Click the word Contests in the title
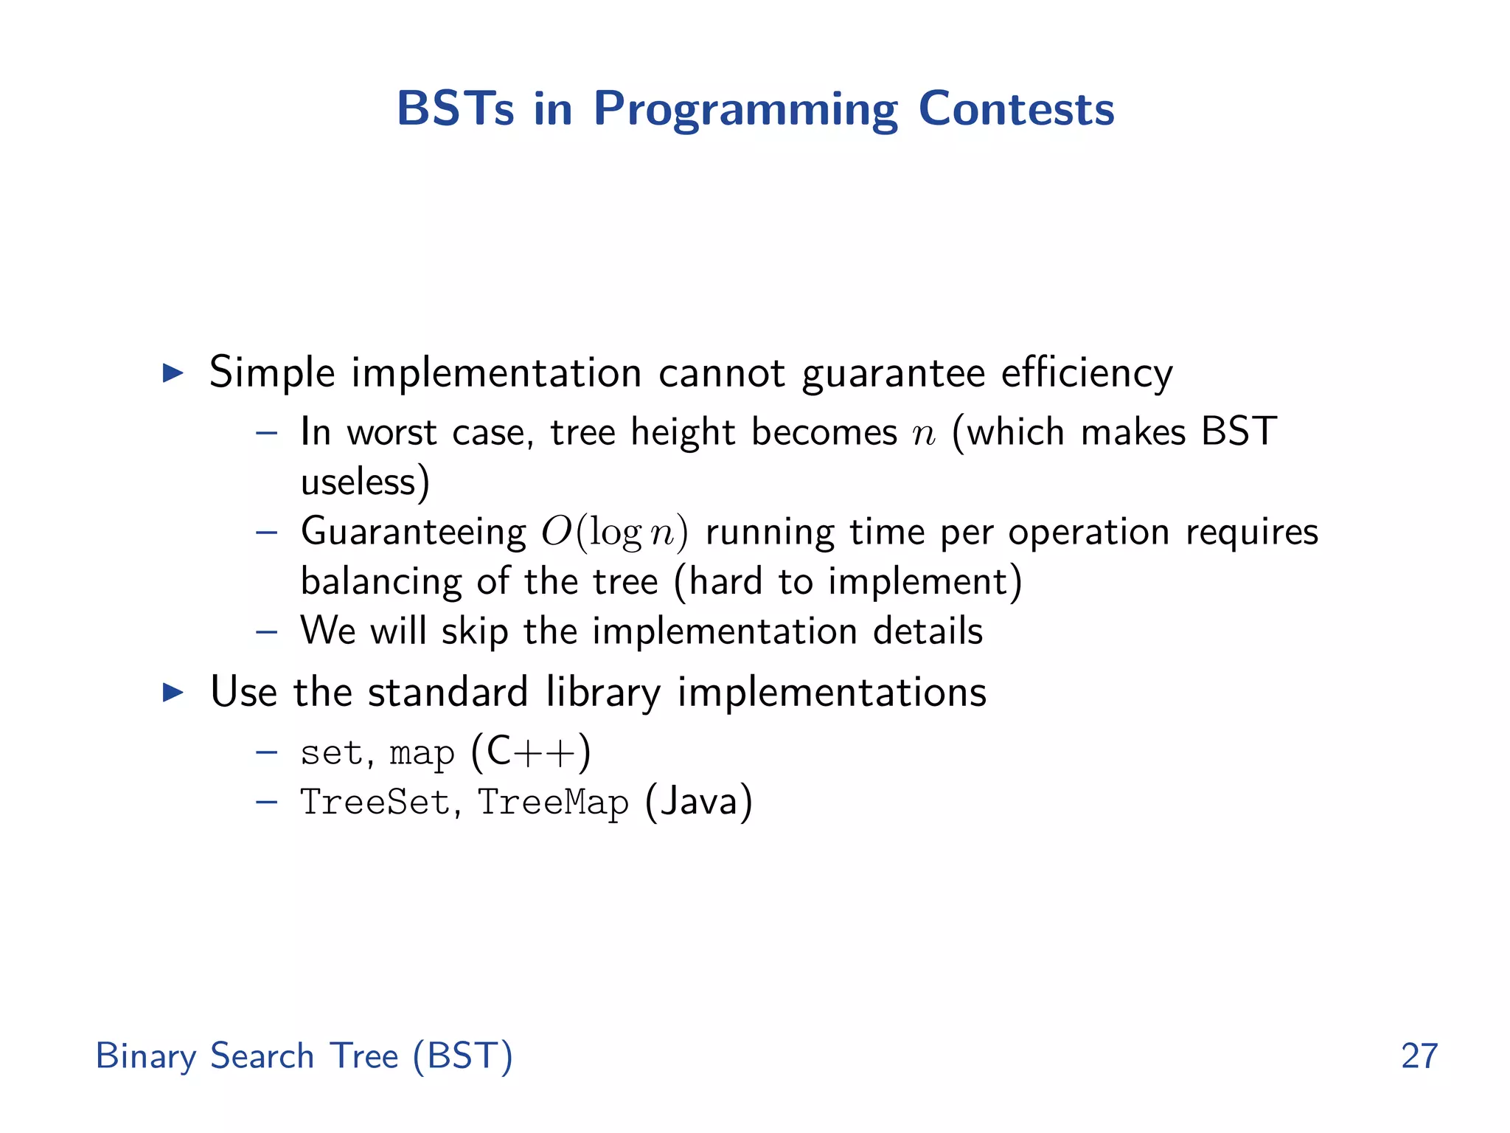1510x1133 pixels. coord(1016,108)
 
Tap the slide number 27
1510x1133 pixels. coord(1419,1056)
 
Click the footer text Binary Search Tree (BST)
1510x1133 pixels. coord(304,1056)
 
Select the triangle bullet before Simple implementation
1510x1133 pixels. coord(173,373)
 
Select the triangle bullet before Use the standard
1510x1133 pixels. coord(173,692)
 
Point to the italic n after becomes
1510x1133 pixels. coord(923,434)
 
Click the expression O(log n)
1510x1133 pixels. coord(614,532)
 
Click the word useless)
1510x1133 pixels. coord(365,482)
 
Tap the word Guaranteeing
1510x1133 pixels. coord(413,532)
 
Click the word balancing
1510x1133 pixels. coord(380,581)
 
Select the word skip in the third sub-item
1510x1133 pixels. coord(474,631)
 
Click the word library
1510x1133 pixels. coord(603,692)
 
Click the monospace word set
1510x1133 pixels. coord(332,753)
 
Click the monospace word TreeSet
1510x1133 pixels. coord(375,803)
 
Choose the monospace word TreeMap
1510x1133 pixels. coord(553,803)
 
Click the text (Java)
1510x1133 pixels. coord(698,803)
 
